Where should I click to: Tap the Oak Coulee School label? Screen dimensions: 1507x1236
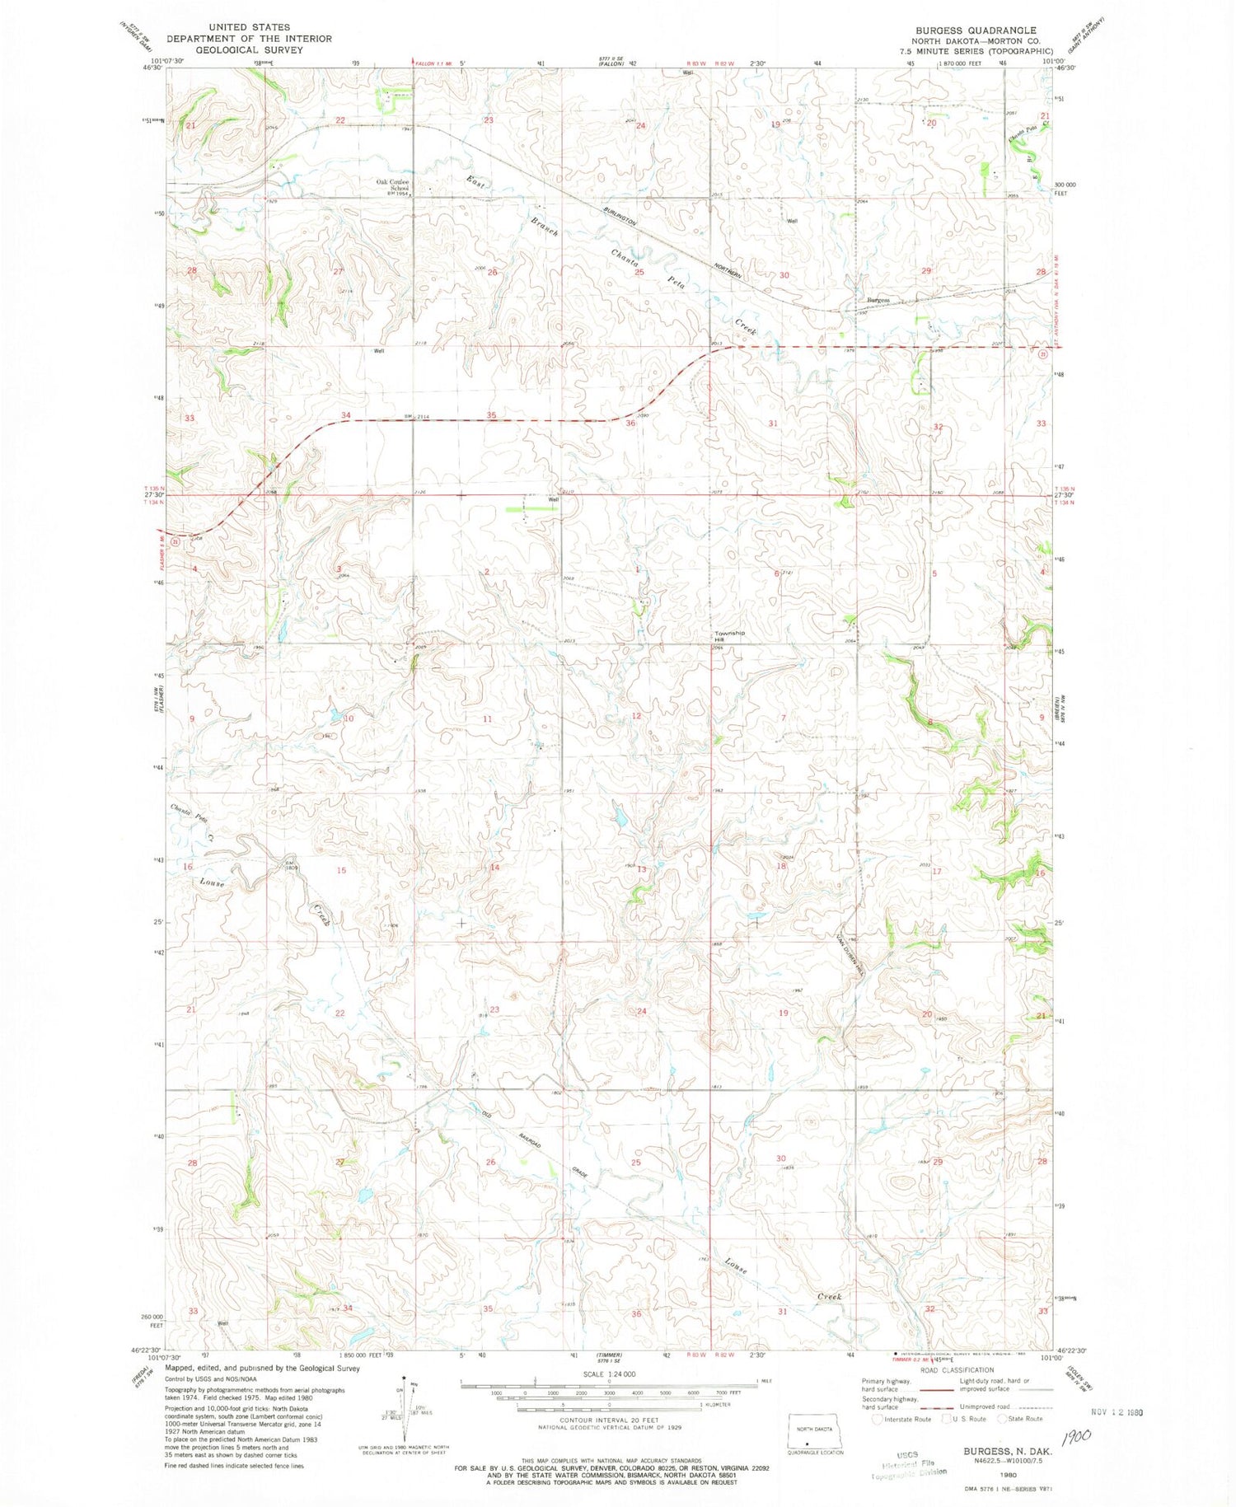[393, 185]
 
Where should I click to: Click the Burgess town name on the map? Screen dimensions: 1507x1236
[877, 300]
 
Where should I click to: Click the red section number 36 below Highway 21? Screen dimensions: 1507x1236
[630, 424]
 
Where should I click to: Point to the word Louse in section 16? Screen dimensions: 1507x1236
[213, 882]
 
